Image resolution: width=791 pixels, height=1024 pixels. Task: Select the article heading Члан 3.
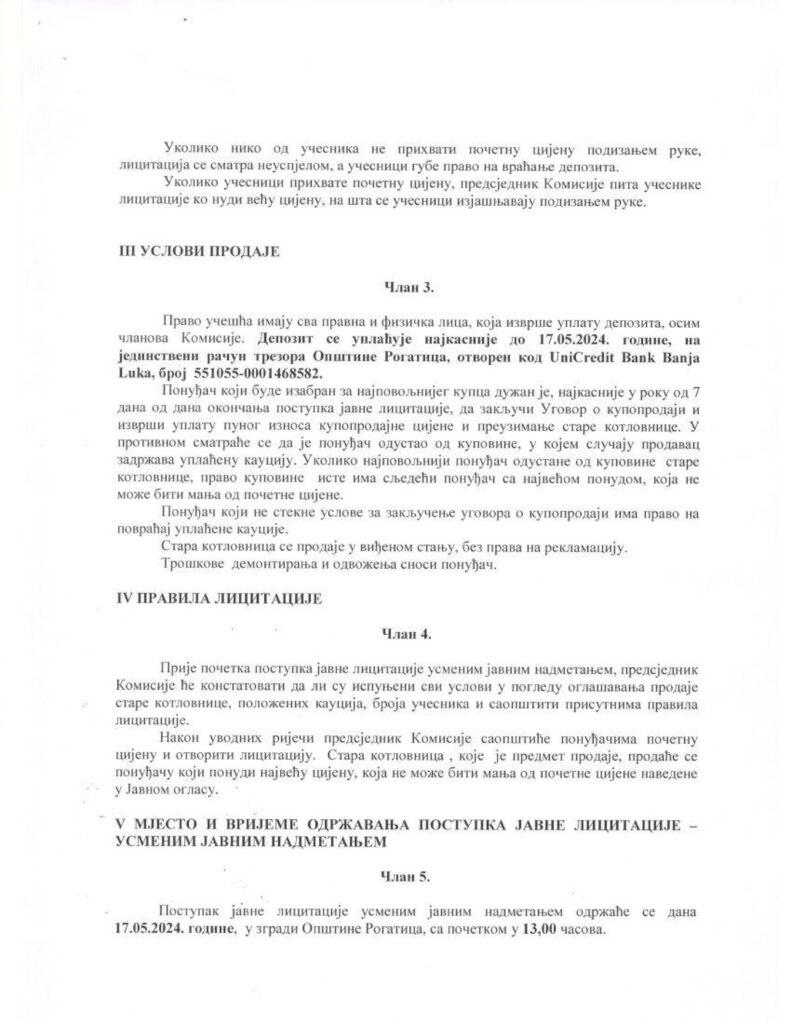[x=409, y=288]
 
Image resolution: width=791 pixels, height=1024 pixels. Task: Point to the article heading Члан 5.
[x=405, y=875]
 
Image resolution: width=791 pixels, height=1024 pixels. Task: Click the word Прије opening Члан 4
[x=181, y=667]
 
